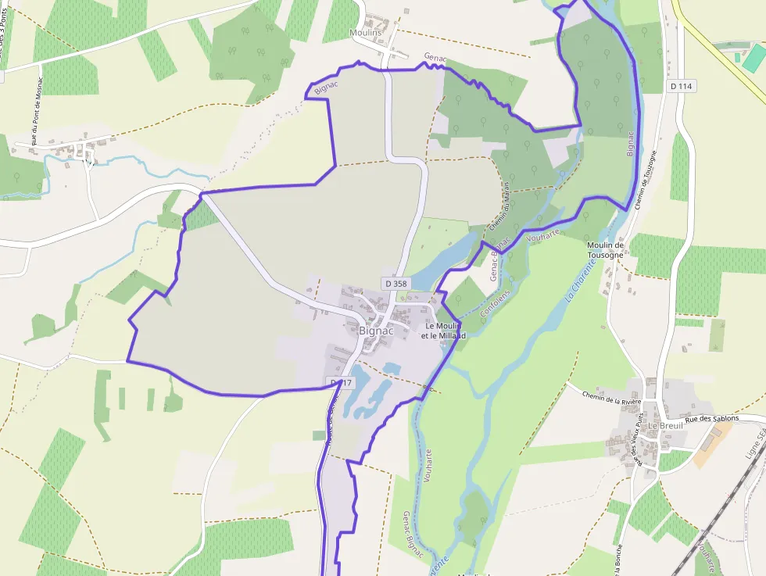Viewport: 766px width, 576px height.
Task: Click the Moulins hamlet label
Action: click(x=365, y=33)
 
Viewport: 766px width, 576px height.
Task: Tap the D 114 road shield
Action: click(x=682, y=85)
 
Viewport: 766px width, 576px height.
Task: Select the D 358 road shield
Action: click(x=396, y=283)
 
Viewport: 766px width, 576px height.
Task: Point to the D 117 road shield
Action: click(x=341, y=382)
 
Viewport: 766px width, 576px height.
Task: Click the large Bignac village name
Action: click(x=376, y=330)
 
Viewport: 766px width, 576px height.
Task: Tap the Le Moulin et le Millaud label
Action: click(x=443, y=330)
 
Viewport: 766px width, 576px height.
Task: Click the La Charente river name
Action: click(x=579, y=281)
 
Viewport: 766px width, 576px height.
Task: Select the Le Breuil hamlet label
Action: click(x=665, y=425)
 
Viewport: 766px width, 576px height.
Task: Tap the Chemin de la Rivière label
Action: click(x=611, y=398)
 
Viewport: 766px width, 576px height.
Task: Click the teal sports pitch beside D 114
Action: click(x=753, y=59)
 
